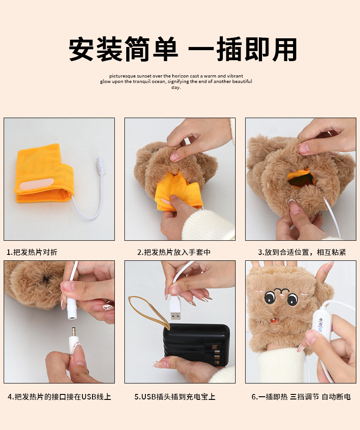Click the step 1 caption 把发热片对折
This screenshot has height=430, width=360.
(x=32, y=252)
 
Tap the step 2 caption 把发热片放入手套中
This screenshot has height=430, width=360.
(x=174, y=252)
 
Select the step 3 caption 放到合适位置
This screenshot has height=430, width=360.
(x=283, y=252)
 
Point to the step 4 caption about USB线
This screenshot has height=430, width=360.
(x=59, y=397)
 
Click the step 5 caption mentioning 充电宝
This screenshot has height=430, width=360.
(x=175, y=397)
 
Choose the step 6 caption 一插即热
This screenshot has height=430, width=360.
(x=269, y=397)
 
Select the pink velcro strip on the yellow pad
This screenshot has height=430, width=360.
(x=36, y=184)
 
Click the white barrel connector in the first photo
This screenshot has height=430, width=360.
(x=100, y=166)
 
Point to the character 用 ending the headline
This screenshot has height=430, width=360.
(x=284, y=49)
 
